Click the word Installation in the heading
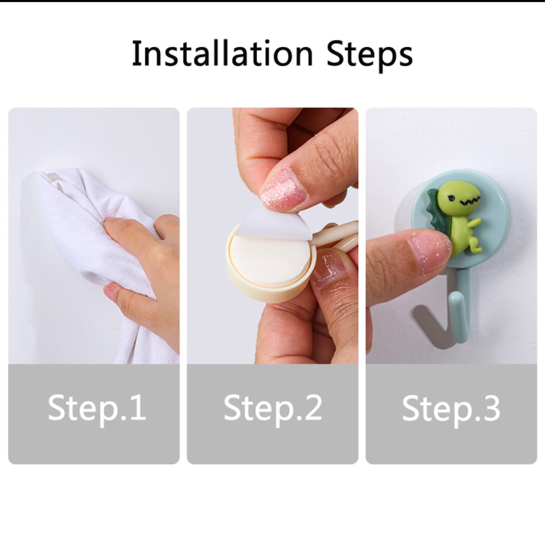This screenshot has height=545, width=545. [x=222, y=53]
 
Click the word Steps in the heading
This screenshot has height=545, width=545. [x=370, y=55]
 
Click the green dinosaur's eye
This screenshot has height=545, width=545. [x=452, y=199]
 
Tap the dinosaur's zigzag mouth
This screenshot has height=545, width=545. [x=470, y=201]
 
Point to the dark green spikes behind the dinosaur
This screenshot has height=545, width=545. [x=438, y=210]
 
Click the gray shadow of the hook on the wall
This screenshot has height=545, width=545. [x=430, y=325]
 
